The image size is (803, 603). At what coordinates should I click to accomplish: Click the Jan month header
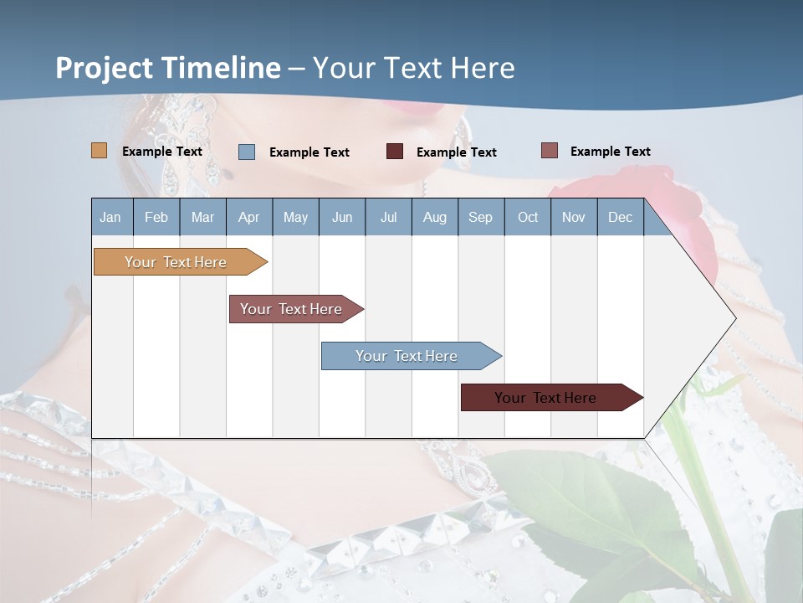[x=111, y=217]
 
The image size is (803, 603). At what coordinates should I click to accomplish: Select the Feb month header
[x=156, y=217]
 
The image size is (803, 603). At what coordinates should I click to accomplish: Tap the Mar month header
[x=202, y=217]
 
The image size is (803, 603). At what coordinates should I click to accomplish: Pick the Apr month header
[x=249, y=217]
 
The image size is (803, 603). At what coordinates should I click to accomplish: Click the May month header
[x=295, y=217]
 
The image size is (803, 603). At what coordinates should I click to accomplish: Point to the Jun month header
[x=342, y=217]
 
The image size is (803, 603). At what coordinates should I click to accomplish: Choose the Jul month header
[x=388, y=217]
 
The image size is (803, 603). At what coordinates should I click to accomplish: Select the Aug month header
[x=435, y=217]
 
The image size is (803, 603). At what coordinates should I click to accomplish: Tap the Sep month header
[x=481, y=217]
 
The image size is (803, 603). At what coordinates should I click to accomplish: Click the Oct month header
[x=528, y=217]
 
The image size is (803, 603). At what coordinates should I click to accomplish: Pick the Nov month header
[x=574, y=217]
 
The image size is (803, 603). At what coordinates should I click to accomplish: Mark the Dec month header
[x=621, y=217]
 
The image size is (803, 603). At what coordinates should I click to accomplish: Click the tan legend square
[x=100, y=151]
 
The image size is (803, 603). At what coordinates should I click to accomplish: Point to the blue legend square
[x=247, y=152]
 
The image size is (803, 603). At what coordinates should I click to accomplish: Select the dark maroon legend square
[x=395, y=152]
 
